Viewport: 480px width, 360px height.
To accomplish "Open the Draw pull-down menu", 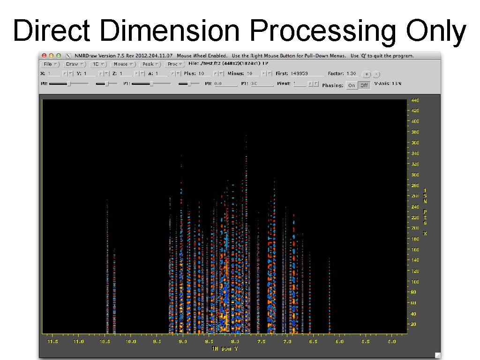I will pos(74,64).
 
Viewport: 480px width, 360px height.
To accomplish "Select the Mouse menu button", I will pos(123,64).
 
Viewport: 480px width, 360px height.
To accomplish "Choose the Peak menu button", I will pos(150,64).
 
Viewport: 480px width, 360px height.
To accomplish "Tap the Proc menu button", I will pos(175,64).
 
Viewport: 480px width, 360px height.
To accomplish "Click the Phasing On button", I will pos(352,85).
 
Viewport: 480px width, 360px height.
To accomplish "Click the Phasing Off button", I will pos(364,85).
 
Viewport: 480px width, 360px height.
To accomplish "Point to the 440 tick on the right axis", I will pos(415,100).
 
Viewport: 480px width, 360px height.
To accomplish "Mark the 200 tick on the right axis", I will pos(415,228).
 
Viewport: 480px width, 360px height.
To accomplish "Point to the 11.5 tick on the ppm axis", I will pos(52,342).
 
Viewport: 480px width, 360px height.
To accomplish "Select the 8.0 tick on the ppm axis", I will pos(235,342).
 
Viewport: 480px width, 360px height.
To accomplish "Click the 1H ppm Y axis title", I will pos(224,349).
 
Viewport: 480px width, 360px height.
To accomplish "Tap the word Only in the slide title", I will pos(436,31).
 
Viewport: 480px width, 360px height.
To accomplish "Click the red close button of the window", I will pos(44,55).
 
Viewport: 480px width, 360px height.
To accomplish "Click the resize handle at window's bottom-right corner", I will pos(437,355).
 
